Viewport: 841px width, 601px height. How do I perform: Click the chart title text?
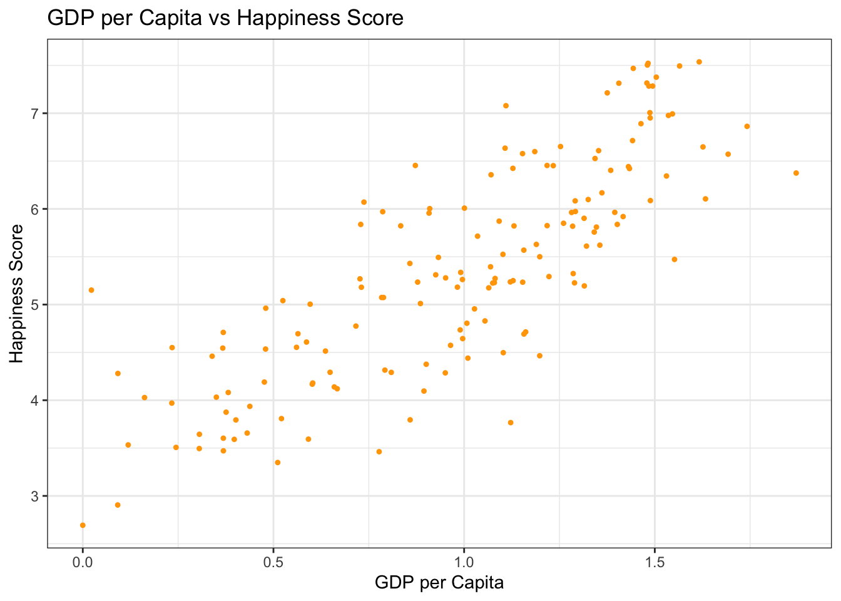225,18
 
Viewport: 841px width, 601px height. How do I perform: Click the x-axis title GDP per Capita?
439,583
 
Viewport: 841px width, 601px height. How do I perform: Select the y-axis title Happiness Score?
17,293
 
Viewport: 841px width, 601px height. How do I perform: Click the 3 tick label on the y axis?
35,496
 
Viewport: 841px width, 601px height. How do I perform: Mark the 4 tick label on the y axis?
35,400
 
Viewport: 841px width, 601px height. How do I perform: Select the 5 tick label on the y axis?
35,305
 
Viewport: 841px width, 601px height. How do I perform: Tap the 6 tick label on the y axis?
35,209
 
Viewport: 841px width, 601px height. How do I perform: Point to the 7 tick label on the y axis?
35,113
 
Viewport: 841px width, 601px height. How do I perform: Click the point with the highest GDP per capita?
796,173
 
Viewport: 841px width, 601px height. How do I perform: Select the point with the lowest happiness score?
83,525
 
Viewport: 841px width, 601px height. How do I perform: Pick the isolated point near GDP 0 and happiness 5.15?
91,290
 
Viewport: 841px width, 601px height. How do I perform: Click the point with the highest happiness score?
699,62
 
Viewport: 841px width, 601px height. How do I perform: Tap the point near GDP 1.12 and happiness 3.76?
511,423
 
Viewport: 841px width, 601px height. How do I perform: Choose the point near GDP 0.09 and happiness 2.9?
118,505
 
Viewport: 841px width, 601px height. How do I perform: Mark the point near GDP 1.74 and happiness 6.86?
747,126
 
